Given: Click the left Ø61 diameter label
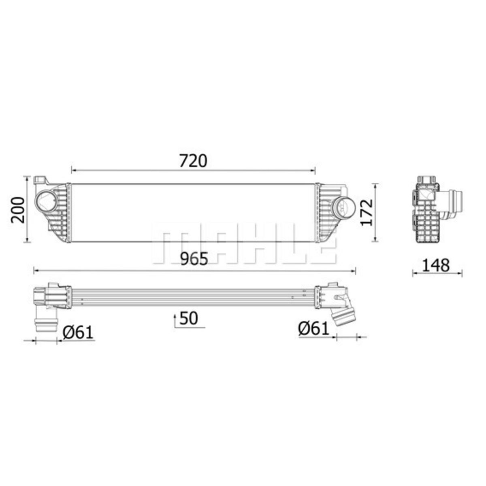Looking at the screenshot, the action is tap(78, 333).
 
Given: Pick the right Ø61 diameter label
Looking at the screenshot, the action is tap(314, 328).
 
